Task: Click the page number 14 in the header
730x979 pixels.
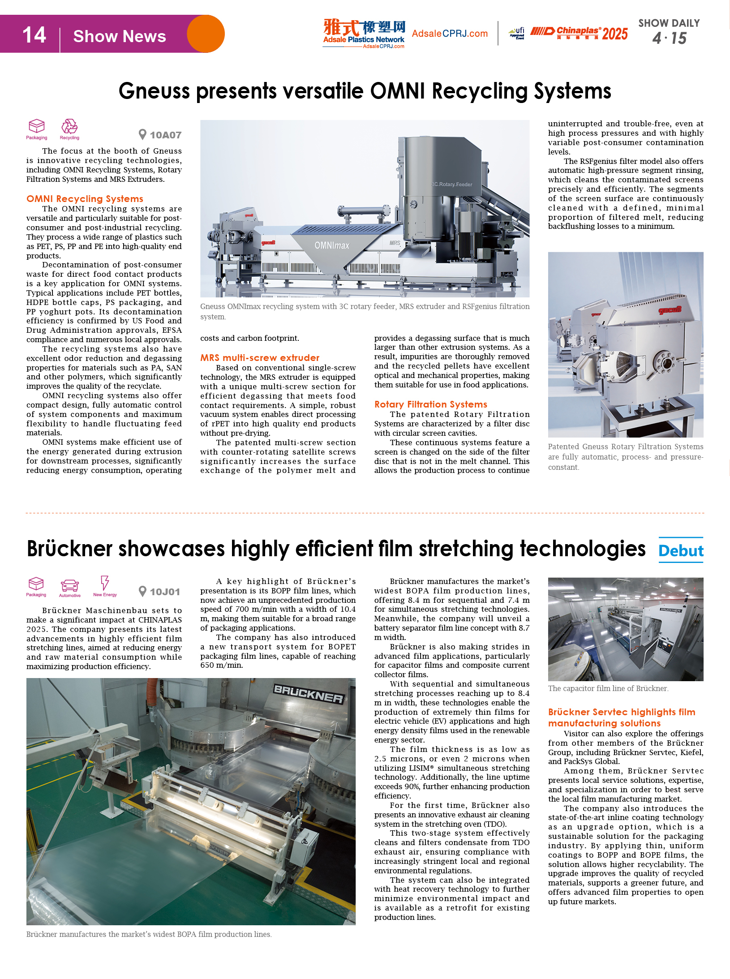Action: pos(34,35)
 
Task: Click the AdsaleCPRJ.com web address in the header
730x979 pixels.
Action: pos(450,34)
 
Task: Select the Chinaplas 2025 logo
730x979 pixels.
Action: pos(579,33)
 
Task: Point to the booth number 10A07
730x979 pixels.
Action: pos(165,135)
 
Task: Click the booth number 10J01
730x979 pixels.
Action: pos(164,592)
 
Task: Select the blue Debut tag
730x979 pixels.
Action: pos(681,550)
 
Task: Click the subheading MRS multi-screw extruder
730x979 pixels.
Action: pos(260,358)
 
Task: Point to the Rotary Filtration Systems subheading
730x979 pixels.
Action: pos(431,404)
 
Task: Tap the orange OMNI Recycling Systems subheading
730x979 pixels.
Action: pos(85,199)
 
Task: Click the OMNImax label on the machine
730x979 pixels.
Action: pos(332,245)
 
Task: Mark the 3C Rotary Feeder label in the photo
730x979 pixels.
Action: pos(452,185)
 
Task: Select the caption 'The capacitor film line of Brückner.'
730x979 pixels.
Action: pos(608,688)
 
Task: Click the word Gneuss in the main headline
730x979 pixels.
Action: pos(154,91)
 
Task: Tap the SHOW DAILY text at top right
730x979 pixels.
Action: pos(669,23)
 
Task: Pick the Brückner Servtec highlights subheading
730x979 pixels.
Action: pos(622,717)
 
